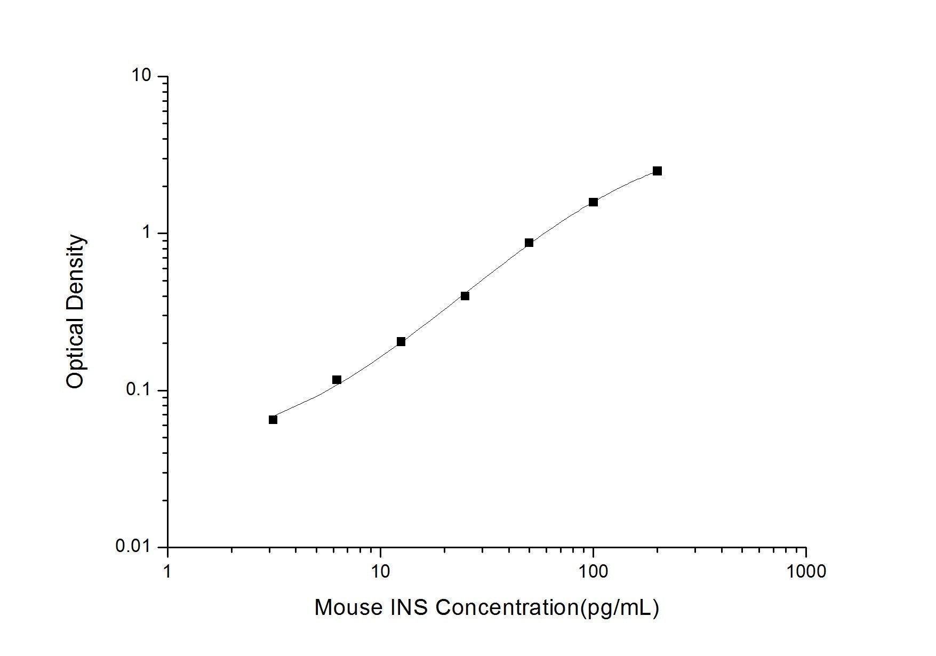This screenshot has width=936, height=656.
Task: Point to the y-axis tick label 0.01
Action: (x=133, y=547)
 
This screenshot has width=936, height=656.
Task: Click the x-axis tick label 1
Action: (x=168, y=571)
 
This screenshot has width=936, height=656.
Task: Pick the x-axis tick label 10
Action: (x=380, y=571)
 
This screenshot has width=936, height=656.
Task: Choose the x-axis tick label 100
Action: (x=593, y=571)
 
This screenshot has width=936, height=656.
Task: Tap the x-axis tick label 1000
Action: (x=805, y=571)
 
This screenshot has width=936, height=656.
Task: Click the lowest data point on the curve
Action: (x=273, y=420)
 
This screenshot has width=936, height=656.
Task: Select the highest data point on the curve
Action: (x=657, y=171)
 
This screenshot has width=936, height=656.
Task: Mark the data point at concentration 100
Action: (x=593, y=202)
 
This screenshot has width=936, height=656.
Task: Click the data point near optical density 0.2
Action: (x=401, y=342)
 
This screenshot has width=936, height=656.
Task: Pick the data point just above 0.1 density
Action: (x=337, y=380)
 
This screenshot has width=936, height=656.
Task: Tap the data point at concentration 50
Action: (x=529, y=243)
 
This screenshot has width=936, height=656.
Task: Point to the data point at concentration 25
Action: (x=465, y=296)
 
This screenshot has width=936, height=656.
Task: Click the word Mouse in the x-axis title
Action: (x=347, y=607)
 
